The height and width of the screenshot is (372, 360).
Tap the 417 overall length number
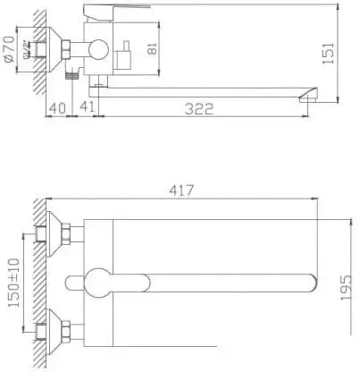pyautogui.click(x=181, y=191)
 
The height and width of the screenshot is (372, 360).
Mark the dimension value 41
pyautogui.click(x=88, y=108)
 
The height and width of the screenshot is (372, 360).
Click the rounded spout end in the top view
pyautogui.click(x=309, y=283)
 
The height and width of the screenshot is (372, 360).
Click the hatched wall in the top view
pyautogui.click(x=36, y=282)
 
